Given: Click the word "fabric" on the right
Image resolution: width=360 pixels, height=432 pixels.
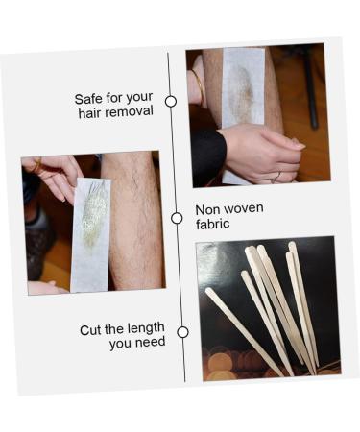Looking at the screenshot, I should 213,225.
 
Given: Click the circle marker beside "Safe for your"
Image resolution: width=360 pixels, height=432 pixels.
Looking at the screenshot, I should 171,101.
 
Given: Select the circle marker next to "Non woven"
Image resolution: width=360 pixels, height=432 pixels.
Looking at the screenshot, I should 177,218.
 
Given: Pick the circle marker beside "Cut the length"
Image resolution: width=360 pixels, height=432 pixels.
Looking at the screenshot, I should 182,332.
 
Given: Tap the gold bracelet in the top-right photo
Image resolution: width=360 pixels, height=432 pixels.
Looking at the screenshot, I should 200,86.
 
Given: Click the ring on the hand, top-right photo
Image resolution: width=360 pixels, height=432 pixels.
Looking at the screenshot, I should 276,175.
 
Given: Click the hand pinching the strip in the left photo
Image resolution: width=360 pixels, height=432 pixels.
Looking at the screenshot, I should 52,173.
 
